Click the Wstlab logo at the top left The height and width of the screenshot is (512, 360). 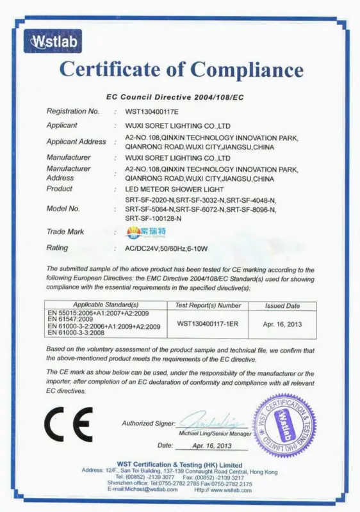52,42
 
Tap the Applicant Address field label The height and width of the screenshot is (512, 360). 76,141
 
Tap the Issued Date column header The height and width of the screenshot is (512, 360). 282,306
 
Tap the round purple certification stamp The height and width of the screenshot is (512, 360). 285,424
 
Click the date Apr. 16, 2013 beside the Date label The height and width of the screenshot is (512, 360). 202,444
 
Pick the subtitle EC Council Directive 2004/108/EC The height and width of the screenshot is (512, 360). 175,97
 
